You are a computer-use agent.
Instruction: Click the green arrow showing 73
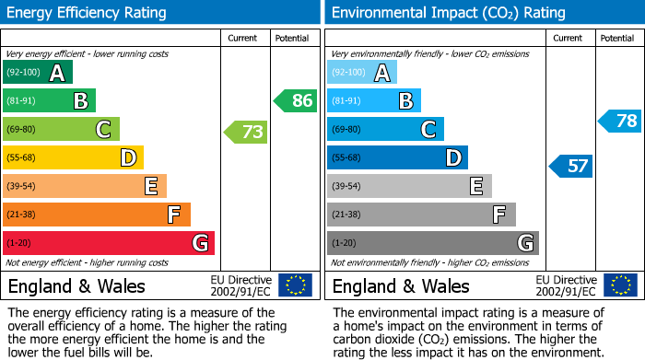point(246,133)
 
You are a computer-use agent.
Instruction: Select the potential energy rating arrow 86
point(296,100)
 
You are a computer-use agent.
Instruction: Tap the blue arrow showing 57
point(571,166)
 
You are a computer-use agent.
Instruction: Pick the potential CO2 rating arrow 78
point(620,121)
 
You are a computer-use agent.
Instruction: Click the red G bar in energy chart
point(109,243)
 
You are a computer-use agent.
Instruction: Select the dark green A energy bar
point(37,73)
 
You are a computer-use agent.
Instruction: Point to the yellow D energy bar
point(73,157)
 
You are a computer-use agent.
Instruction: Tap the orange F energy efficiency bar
point(97,215)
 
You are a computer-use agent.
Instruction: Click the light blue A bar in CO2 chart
point(361,73)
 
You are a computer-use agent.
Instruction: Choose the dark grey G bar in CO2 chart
point(432,243)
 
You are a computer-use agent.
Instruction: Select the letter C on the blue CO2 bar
point(428,130)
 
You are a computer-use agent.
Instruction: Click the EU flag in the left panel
point(295,285)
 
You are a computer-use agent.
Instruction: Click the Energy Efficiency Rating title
point(88,13)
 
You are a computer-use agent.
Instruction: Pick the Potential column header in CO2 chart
point(617,38)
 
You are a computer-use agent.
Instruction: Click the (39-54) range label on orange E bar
point(22,186)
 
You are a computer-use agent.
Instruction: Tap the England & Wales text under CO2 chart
point(401,285)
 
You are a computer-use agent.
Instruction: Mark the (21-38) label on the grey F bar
point(346,215)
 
